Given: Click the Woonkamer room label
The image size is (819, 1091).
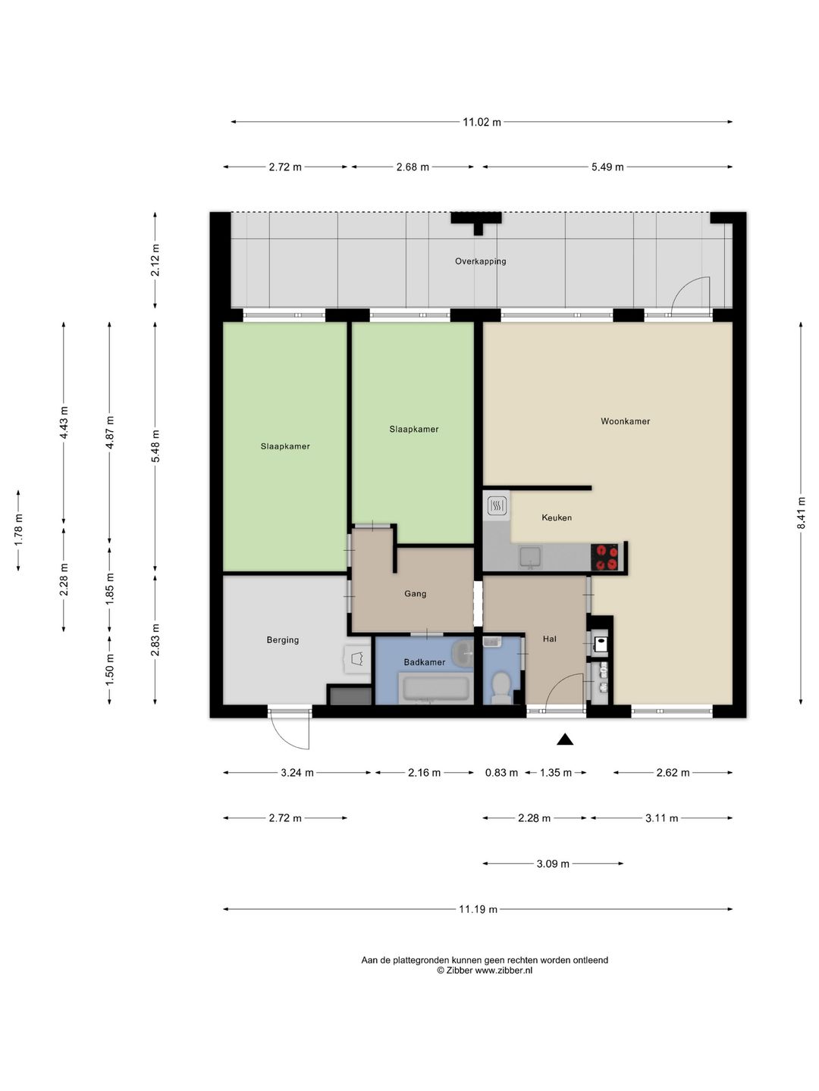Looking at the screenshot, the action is tap(625, 421).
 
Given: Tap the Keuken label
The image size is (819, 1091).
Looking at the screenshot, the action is tap(557, 517).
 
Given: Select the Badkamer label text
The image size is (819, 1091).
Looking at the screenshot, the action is tap(424, 662).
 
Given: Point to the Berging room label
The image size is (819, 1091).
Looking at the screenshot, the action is tap(282, 640).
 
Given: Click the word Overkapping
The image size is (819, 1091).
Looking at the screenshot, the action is tap(480, 261).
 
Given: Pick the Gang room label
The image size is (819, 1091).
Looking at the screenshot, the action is tap(416, 593).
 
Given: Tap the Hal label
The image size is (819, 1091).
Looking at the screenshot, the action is tap(550, 639).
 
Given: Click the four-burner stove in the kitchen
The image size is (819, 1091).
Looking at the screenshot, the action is tap(604, 557).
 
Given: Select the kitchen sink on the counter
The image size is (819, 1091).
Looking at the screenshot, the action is tap(529, 557).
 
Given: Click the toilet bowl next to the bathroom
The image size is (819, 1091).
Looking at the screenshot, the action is tap(500, 687).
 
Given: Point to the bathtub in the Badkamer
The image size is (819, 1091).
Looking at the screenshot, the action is tap(435, 689).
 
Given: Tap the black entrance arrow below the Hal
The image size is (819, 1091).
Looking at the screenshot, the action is tap(565, 739).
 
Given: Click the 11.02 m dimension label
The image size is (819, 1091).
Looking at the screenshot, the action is tap(482, 122).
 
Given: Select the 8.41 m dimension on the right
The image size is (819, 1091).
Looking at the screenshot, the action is tap(801, 514).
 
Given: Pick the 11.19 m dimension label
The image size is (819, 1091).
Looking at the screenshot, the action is tap(478, 909).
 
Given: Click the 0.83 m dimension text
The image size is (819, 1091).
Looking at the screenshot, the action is tap(501, 772).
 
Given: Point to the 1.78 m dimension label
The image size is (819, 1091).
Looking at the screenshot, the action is tap(18, 530).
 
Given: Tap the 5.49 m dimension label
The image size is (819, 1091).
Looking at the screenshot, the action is tap(607, 167).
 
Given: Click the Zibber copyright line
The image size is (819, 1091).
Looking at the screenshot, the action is tap(485, 971).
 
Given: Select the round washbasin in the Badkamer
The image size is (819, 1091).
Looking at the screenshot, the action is tap(463, 652).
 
